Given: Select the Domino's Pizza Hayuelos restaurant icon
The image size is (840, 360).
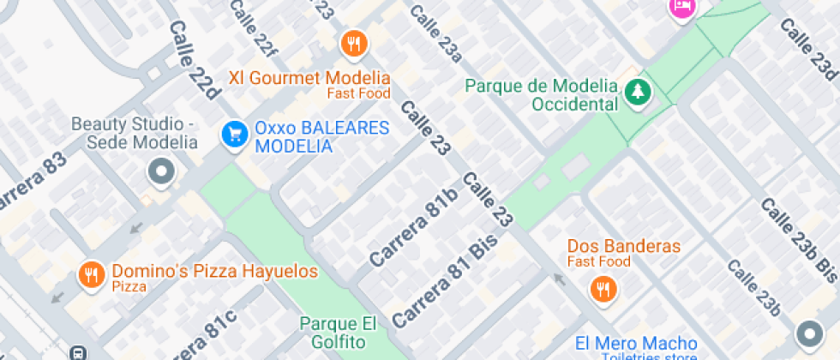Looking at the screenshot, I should tap(91, 274).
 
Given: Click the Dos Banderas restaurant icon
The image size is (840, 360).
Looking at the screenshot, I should tap(603, 288).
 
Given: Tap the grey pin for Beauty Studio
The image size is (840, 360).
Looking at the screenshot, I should tap(160, 172).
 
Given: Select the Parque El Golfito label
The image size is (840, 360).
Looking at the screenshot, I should tap(339, 333).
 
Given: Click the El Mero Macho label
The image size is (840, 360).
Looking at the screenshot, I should tap(636, 343).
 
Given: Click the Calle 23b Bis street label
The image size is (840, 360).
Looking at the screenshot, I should tap(798, 239).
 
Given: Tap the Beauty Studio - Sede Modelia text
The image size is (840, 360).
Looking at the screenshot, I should tap(134, 133).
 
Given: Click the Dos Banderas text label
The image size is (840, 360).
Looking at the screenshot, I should tap(624, 246).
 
